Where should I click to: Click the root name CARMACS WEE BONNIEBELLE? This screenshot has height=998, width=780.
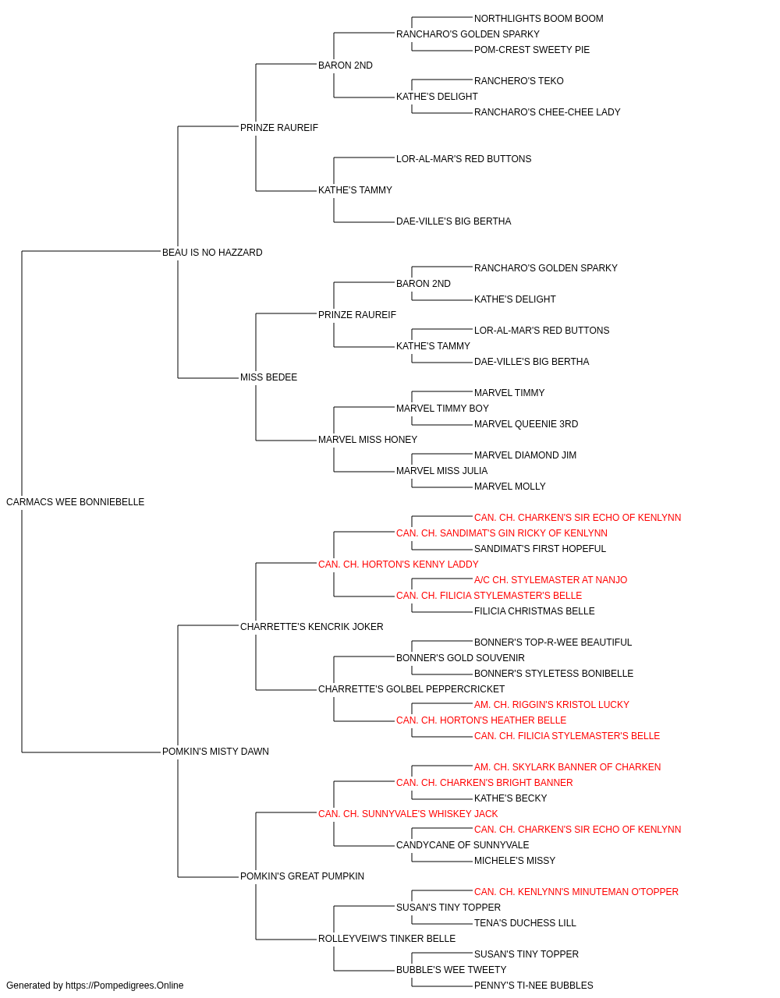75,502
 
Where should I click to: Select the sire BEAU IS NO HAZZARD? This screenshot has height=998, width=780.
212,252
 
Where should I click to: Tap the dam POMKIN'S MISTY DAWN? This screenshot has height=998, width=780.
215,752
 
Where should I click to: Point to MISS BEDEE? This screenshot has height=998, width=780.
269,377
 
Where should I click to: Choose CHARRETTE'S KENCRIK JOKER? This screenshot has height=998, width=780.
311,626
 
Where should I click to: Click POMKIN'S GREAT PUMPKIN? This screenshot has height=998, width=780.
303,876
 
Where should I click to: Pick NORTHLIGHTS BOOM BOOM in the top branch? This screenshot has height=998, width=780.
539,19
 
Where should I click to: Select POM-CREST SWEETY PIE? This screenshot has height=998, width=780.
532,50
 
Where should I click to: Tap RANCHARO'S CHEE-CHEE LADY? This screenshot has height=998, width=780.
547,112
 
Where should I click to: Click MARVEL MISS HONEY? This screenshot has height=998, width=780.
368,440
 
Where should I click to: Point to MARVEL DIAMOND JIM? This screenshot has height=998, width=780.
525,455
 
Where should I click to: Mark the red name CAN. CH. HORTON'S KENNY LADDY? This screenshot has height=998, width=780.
399,564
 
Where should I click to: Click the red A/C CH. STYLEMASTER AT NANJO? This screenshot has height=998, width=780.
551,579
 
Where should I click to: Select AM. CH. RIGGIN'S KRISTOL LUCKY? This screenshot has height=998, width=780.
551,705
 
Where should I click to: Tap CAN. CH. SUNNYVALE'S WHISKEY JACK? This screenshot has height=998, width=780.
408,814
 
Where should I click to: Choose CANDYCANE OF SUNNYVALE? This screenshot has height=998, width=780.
463,845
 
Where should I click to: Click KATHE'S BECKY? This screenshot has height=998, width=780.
510,798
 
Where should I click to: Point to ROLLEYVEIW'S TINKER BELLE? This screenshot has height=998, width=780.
387,939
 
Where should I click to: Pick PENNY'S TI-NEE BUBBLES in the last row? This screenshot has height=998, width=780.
534,986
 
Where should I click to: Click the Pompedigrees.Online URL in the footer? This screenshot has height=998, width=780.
125,986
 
